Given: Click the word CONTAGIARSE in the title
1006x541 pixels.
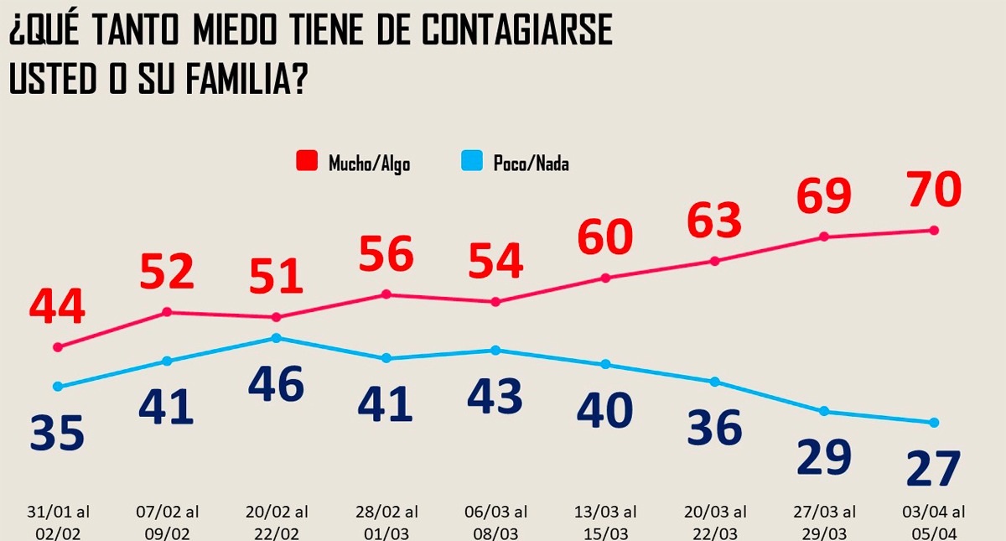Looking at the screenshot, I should click(516, 31).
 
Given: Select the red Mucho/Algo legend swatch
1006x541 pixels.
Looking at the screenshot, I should click(308, 161).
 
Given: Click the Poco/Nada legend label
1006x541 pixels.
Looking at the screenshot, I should click(531, 163).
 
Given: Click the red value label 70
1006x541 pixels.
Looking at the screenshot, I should click(933, 190).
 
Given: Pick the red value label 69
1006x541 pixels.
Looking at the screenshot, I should click(823, 195).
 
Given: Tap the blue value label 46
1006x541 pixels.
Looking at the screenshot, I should click(276, 385).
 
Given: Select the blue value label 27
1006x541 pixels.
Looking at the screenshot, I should click(933, 468).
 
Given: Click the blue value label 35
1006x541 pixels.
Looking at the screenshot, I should click(57, 433).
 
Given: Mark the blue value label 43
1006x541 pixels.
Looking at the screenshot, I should click(495, 396).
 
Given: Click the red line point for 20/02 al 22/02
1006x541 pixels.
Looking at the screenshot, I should click(276, 317).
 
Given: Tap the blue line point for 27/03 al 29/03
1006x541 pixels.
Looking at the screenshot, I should click(824, 411).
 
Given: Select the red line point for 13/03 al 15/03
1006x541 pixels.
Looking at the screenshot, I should click(605, 278).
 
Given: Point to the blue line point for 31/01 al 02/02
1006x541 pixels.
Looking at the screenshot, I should click(57, 387).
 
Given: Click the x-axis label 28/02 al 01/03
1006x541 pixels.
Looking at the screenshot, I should click(386, 520).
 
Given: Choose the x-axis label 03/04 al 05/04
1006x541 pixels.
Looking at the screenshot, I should click(933, 520).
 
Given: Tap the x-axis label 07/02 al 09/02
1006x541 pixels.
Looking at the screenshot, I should click(167, 520).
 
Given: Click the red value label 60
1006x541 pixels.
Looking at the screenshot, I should click(604, 237).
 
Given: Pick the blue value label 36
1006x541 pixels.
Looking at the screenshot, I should click(714, 427).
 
